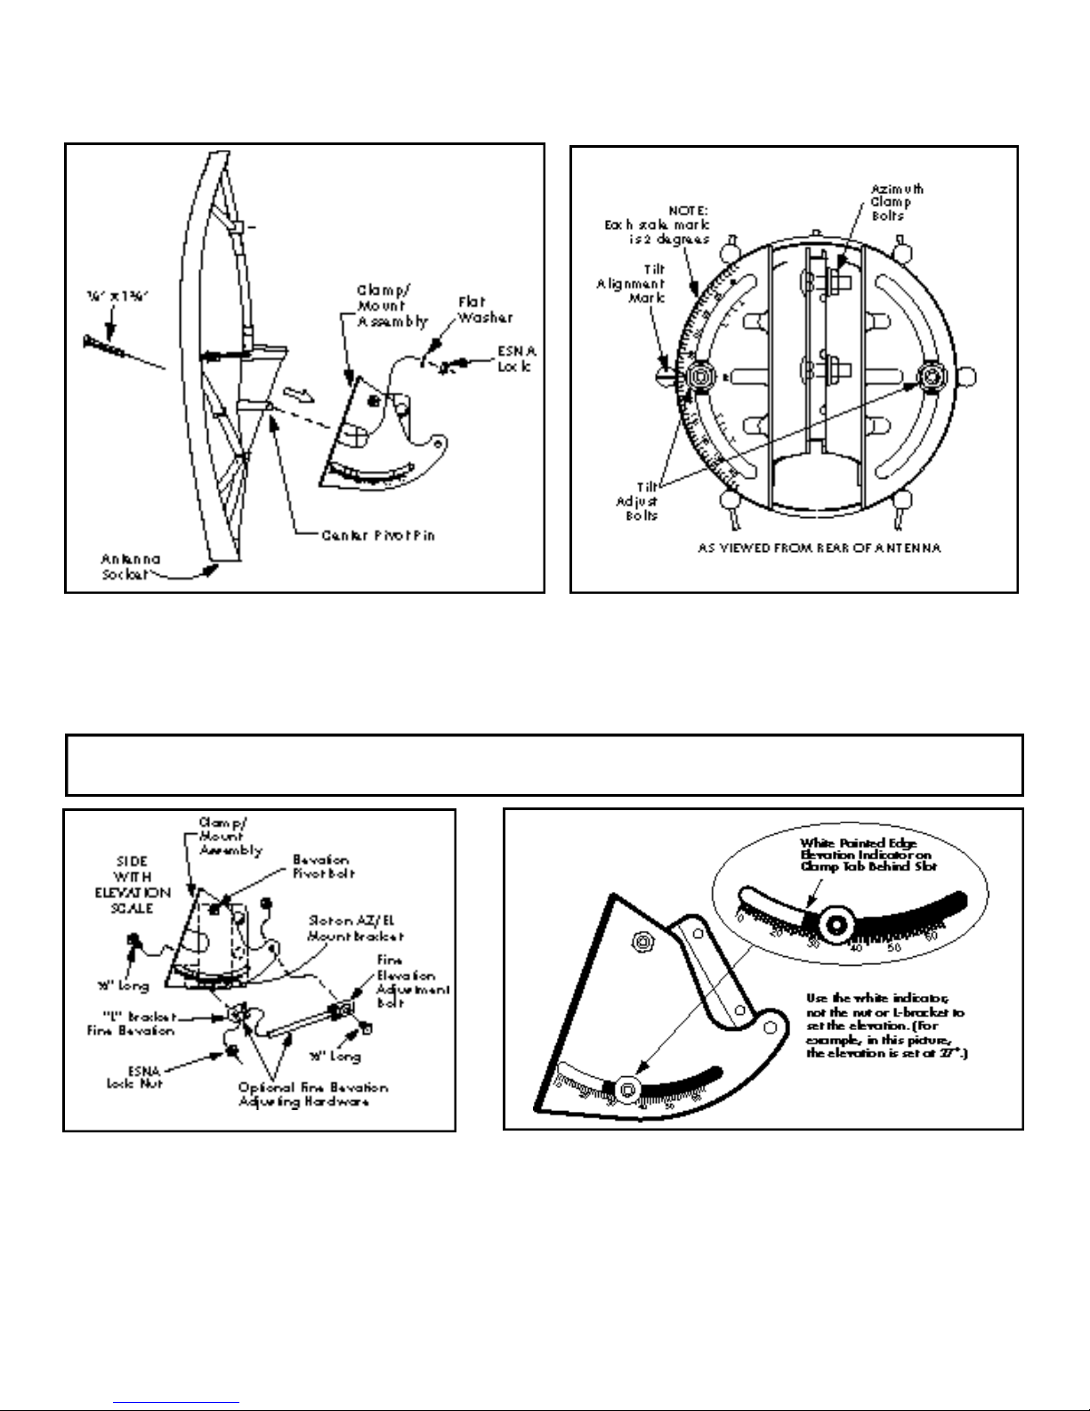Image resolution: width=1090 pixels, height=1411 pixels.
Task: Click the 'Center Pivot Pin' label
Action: [x=378, y=536]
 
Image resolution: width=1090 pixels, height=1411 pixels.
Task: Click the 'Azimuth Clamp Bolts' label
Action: [x=896, y=202]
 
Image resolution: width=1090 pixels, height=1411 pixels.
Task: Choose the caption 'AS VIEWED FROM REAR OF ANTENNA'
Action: [x=819, y=548]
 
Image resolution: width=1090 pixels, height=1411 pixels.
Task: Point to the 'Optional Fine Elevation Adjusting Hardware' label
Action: [x=311, y=1093]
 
